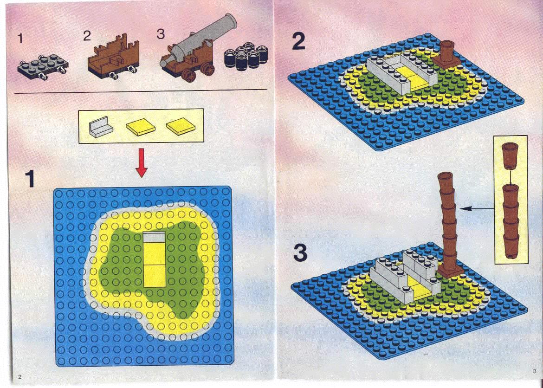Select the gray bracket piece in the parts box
(x=101, y=127)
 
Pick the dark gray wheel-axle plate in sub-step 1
(x=43, y=66)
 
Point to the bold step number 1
(x=30, y=179)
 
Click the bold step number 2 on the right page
(x=298, y=41)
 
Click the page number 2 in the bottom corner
(x=19, y=377)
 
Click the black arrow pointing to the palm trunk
(x=477, y=208)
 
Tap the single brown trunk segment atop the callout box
(x=510, y=155)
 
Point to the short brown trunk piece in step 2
(x=447, y=54)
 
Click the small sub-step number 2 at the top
(x=86, y=36)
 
